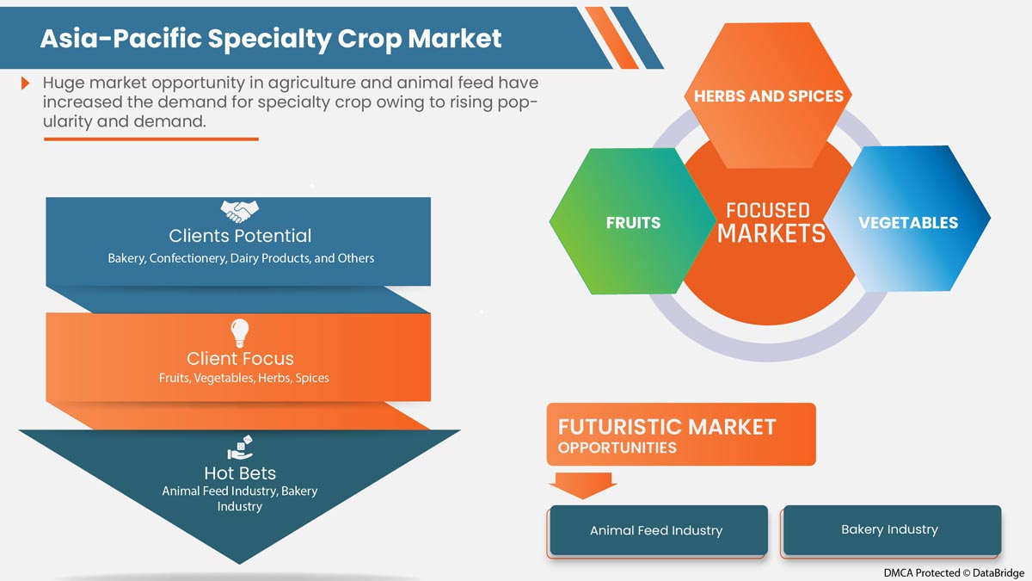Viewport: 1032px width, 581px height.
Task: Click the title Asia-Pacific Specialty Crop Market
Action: pos(270,39)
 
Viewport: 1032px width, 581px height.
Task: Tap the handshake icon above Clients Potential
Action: pos(240,210)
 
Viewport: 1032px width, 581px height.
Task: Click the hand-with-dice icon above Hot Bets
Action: pos(239,448)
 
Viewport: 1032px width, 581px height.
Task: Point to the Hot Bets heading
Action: pos(240,473)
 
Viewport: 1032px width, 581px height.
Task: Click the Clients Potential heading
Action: pos(240,236)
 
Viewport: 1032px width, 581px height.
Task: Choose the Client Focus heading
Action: pos(240,358)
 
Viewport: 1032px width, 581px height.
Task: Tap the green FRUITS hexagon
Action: pos(633,222)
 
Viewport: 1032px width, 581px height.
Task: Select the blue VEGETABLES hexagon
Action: pos(907,222)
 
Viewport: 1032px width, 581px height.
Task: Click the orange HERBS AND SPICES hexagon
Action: pos(769,96)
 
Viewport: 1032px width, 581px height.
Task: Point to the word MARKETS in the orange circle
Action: pos(771,233)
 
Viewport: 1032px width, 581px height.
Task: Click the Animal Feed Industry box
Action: pos(656,530)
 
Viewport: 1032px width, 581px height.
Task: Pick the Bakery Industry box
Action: pos(889,529)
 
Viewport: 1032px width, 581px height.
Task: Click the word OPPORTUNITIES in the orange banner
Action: pos(617,448)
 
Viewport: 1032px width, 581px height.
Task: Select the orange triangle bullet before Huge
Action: pos(26,83)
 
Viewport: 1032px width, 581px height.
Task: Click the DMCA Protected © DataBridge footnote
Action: pos(953,572)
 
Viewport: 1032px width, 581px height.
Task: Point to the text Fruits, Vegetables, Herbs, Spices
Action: pos(243,378)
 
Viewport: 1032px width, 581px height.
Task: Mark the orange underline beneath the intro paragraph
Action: pos(150,139)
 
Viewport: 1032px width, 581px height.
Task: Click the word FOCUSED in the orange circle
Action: pos(767,210)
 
